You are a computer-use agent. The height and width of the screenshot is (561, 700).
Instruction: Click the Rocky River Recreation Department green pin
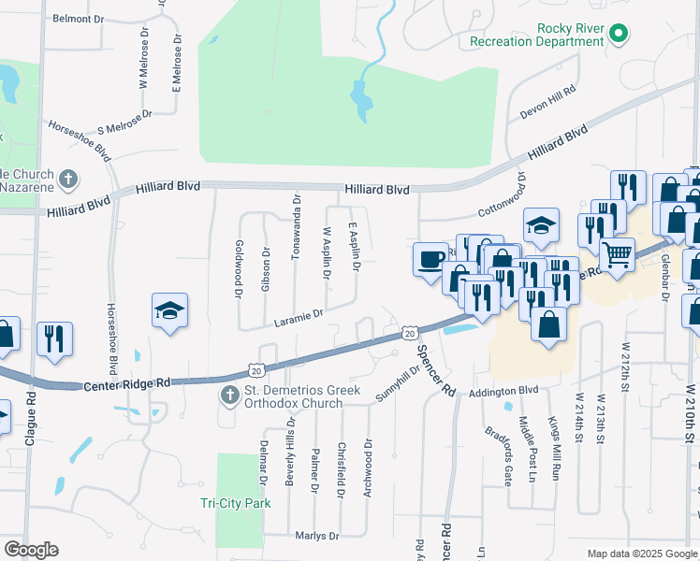[618, 36]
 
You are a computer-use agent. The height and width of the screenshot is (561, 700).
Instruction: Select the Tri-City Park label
[235, 503]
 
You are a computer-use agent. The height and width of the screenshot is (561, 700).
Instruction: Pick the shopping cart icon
[616, 252]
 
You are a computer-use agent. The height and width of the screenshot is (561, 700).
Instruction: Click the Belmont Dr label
[79, 19]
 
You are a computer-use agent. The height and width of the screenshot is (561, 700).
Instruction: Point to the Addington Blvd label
[504, 391]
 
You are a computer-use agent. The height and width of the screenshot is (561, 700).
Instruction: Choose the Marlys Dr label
[316, 536]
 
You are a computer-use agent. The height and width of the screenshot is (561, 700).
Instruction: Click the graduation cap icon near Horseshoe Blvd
[170, 310]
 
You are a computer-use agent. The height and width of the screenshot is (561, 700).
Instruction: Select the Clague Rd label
[30, 430]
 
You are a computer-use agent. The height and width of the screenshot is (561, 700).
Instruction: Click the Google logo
[31, 550]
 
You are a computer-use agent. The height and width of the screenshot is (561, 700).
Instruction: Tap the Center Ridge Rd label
[127, 383]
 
